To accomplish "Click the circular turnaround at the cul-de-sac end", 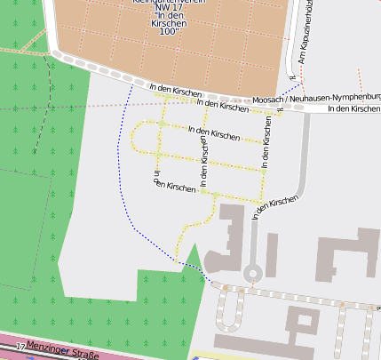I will click(253, 272).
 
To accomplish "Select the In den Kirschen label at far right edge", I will click(353, 109).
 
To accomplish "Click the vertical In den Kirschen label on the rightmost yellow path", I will click(268, 140).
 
